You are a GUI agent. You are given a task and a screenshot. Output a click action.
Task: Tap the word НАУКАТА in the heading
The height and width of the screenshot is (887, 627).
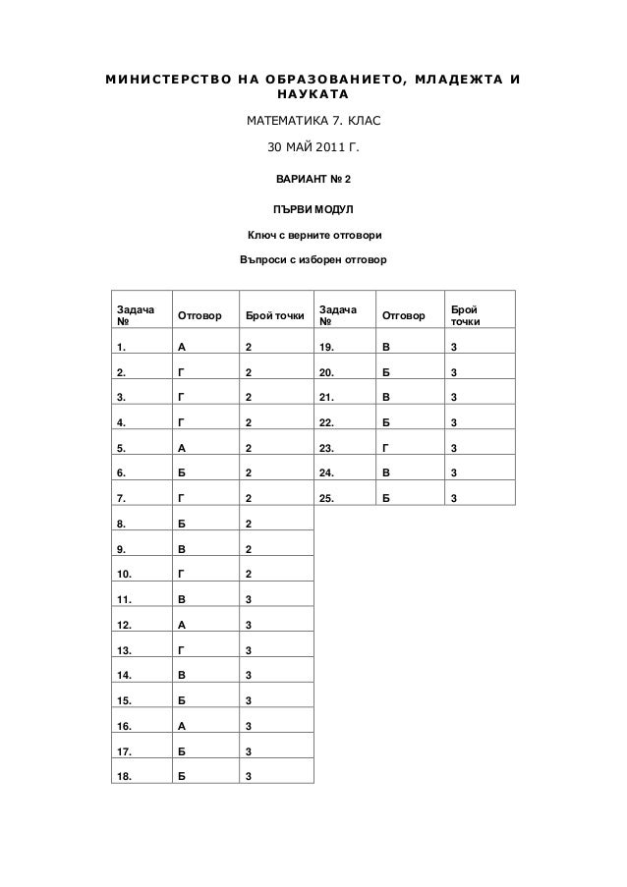tap(313, 96)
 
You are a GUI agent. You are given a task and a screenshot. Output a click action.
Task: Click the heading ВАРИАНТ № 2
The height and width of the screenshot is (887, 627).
tap(313, 180)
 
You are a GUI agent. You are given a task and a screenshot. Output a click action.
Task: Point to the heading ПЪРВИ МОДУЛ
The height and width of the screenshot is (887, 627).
tap(313, 209)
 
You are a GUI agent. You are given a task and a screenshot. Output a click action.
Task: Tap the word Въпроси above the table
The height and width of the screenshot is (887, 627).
tap(261, 263)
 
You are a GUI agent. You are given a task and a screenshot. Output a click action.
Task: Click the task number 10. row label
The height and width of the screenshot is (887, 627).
tap(124, 572)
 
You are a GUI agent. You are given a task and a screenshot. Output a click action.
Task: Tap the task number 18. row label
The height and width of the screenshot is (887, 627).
tap(124, 775)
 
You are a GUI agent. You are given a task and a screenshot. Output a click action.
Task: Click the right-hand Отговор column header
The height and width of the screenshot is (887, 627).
tap(402, 316)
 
